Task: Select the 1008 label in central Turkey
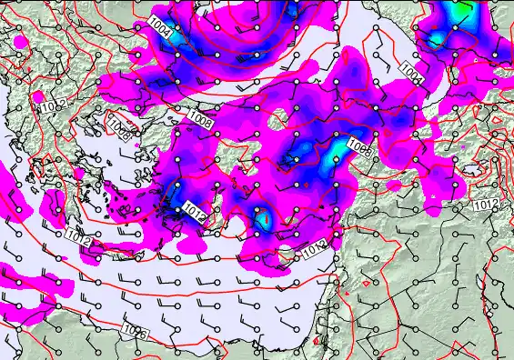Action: coord(358,148)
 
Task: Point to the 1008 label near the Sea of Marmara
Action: coord(201,117)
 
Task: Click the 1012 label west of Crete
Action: coord(77,236)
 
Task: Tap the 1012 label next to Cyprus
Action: coord(315,246)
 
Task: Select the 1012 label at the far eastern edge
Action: coord(485,206)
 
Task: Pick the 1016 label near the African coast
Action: coord(134,334)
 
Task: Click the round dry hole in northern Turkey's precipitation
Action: coord(280,116)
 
